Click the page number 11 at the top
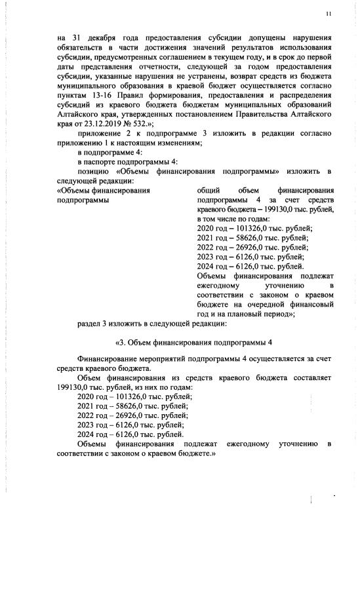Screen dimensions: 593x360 [328, 14]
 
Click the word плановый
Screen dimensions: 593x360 [249, 314]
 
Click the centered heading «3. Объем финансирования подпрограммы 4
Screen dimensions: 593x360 [193, 343]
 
